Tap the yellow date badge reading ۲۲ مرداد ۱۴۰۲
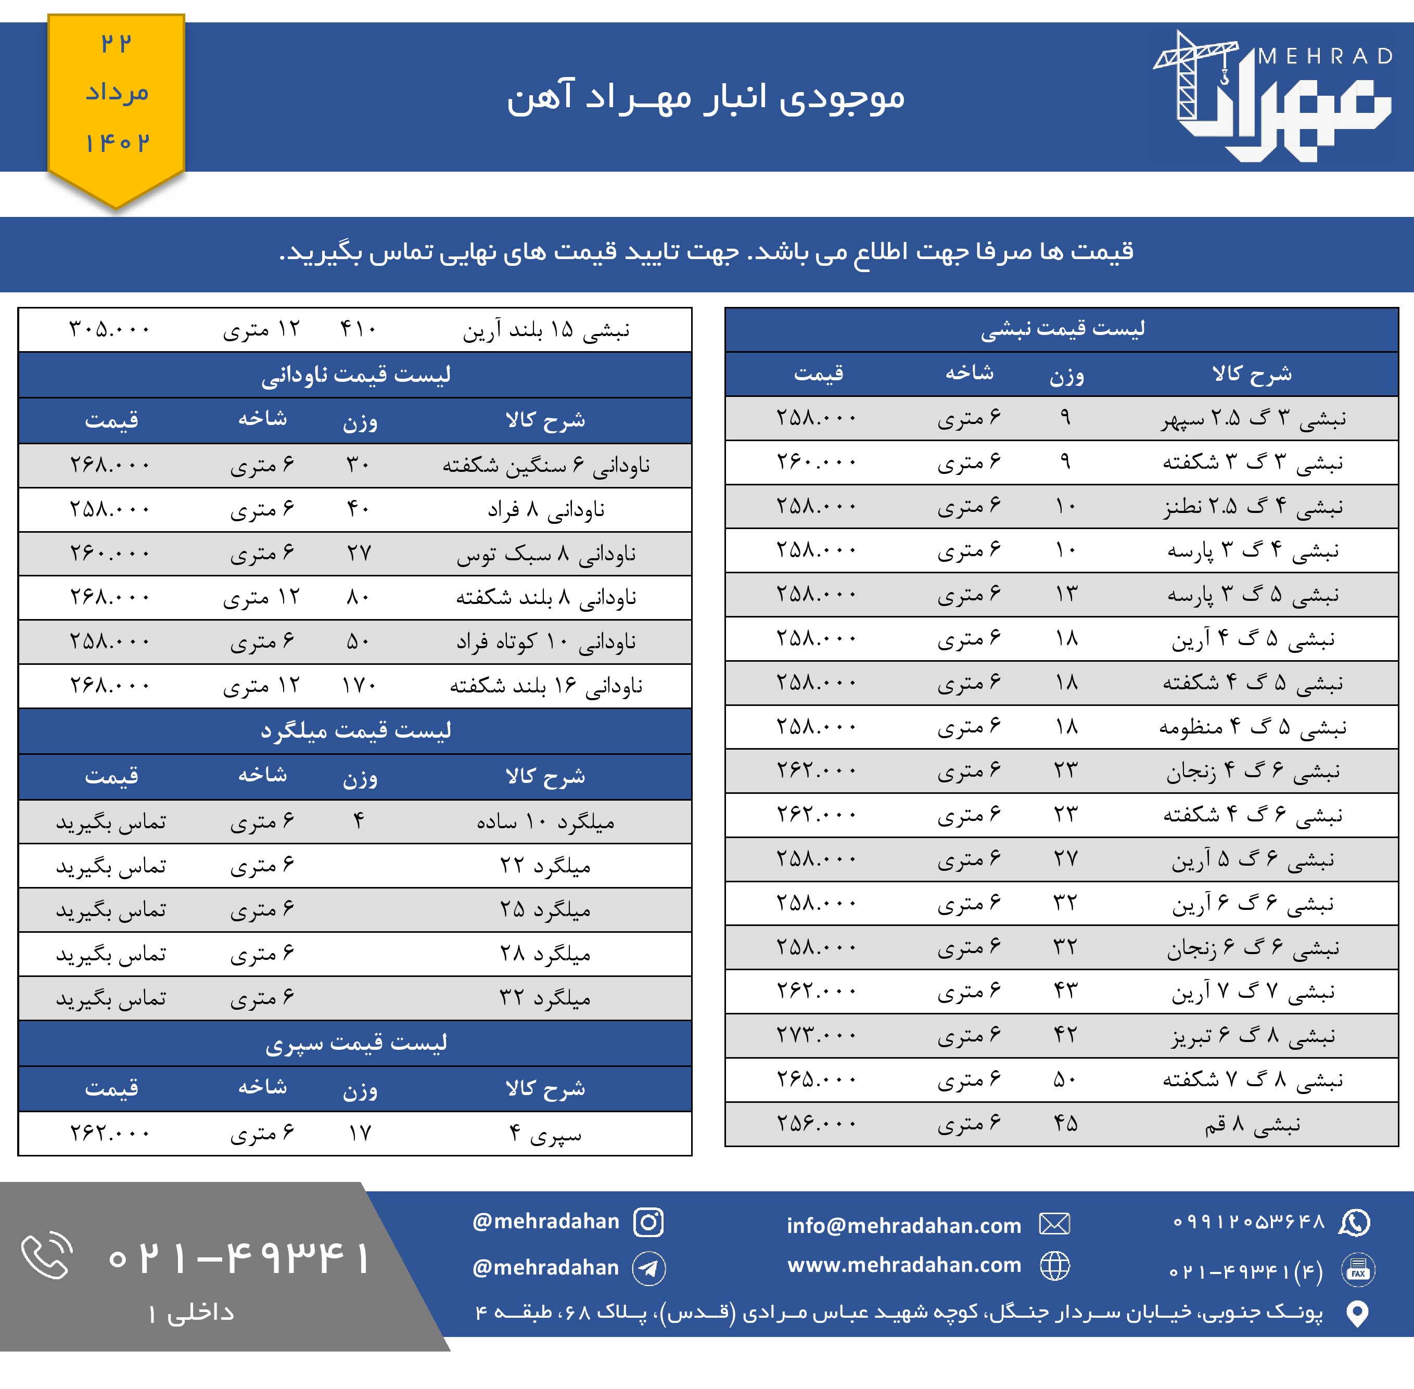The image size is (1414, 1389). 117,95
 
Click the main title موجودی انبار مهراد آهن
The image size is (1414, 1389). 706,97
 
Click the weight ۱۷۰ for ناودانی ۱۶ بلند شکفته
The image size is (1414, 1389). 358,686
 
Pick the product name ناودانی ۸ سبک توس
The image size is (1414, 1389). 546,554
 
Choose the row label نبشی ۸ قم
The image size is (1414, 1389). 1252,1124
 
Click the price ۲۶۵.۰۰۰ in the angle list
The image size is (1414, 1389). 817,1079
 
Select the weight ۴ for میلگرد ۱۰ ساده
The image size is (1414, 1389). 358,822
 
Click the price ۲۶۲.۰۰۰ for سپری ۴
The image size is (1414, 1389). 109,1134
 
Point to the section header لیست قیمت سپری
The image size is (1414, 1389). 355,1043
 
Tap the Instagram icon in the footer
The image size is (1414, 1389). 648,1222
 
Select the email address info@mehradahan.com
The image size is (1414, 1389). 903,1226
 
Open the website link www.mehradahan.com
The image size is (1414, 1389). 904,1265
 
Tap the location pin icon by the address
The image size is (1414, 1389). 1357,1313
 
